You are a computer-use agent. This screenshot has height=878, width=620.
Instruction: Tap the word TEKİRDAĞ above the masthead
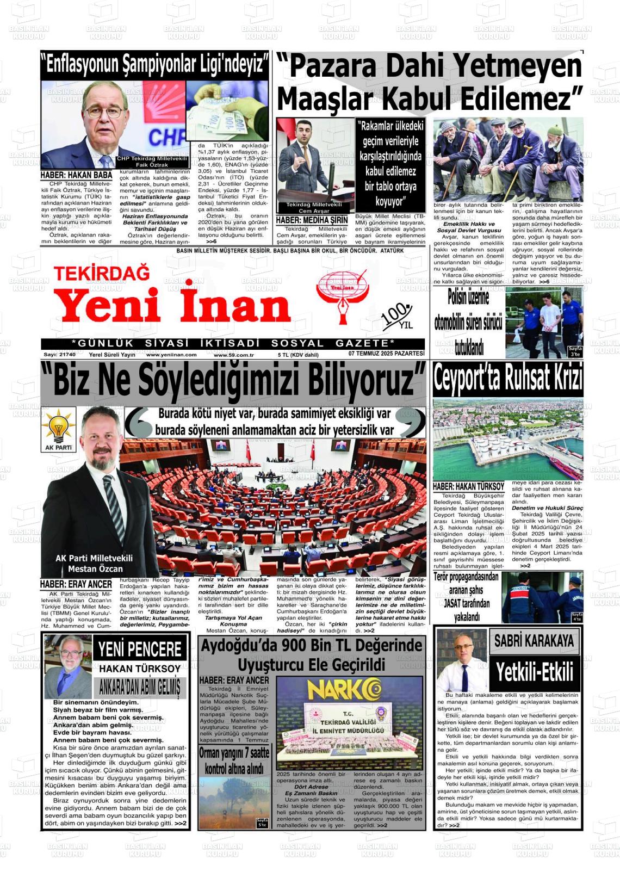[102, 272]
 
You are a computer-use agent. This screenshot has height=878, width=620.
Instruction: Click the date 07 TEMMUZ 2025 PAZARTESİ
[386, 354]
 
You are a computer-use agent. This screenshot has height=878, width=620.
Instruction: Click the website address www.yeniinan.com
[171, 354]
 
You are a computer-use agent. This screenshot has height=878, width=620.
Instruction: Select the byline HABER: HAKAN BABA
[76, 175]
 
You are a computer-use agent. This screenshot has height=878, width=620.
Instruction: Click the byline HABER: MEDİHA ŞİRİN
[312, 220]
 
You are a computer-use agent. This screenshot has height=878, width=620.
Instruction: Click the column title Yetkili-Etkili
[535, 673]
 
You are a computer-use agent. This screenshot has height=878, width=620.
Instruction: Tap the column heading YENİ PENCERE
[140, 649]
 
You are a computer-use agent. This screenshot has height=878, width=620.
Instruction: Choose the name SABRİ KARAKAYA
[534, 641]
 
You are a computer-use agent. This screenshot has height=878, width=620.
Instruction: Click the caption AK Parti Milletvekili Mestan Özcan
[95, 563]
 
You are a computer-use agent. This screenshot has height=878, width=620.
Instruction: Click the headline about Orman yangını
[234, 760]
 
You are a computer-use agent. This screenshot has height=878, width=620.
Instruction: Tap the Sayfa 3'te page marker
[575, 351]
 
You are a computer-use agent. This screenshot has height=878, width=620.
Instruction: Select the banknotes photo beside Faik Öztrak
[227, 111]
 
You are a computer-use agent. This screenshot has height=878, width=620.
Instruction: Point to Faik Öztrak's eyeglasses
[104, 112]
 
